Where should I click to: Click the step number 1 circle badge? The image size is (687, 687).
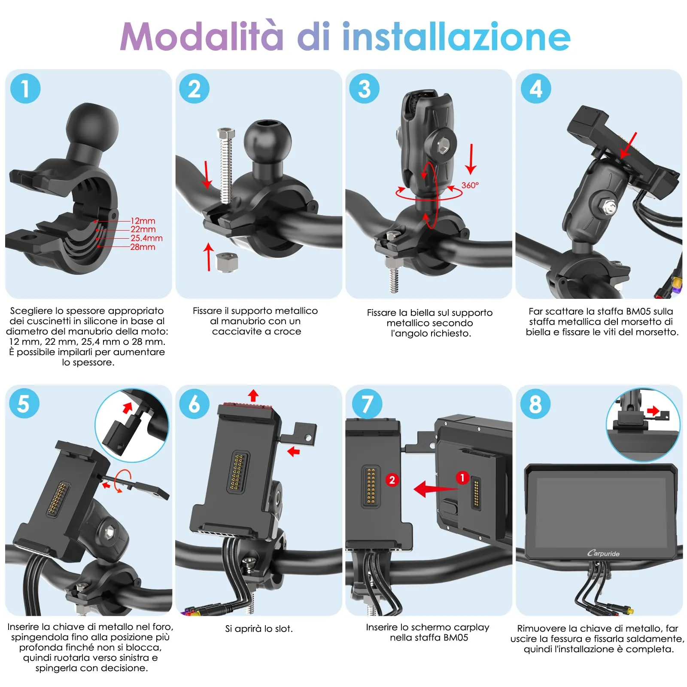pos(25,88)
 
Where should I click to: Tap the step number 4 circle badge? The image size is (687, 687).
pos(535,88)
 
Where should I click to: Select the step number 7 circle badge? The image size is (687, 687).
pos(367,404)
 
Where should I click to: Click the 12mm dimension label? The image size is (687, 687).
pos(143,221)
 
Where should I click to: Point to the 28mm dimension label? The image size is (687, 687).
pos(143,247)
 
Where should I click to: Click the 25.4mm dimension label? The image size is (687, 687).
pos(146,238)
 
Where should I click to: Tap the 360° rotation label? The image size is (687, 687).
pos(470,185)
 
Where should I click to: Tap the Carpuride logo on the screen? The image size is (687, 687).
pos(603,553)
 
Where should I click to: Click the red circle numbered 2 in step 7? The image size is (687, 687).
pos(392,480)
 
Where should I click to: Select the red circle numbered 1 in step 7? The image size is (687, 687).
pos(462,477)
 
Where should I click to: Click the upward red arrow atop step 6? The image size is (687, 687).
pos(253,395)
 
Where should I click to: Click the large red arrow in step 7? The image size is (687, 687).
pos(434,489)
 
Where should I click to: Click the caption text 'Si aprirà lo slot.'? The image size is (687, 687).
pos(259,629)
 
